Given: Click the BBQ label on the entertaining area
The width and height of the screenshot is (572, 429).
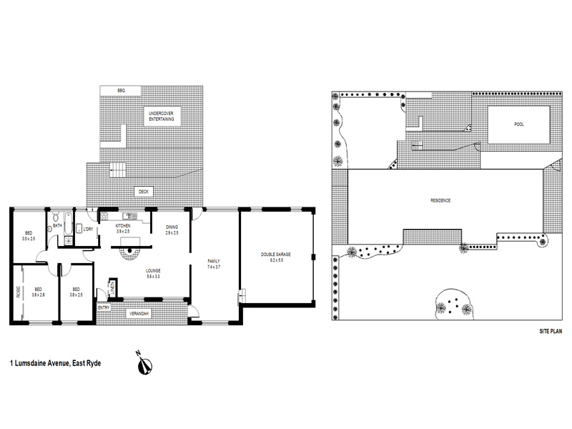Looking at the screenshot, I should point(122,89).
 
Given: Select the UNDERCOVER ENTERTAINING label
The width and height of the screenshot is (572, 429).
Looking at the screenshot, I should point(160,117).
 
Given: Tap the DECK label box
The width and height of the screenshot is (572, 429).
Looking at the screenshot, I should point(144,192).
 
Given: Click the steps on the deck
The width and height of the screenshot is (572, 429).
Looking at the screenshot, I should point(117,170).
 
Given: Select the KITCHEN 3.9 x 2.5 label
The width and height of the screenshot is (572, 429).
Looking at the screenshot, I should point(123,228).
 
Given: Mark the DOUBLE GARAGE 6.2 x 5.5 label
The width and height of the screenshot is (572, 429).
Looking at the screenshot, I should point(275,257).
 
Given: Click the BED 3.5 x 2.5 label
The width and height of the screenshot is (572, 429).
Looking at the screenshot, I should point(29,235).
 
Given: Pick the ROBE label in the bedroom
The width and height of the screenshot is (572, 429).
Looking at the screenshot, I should point(18,292).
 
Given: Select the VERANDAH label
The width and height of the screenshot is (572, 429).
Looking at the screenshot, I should point(137,314).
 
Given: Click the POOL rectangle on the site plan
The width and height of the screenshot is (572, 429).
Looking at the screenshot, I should point(518,124).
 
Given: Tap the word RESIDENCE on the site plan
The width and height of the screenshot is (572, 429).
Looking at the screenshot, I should point(440,200).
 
